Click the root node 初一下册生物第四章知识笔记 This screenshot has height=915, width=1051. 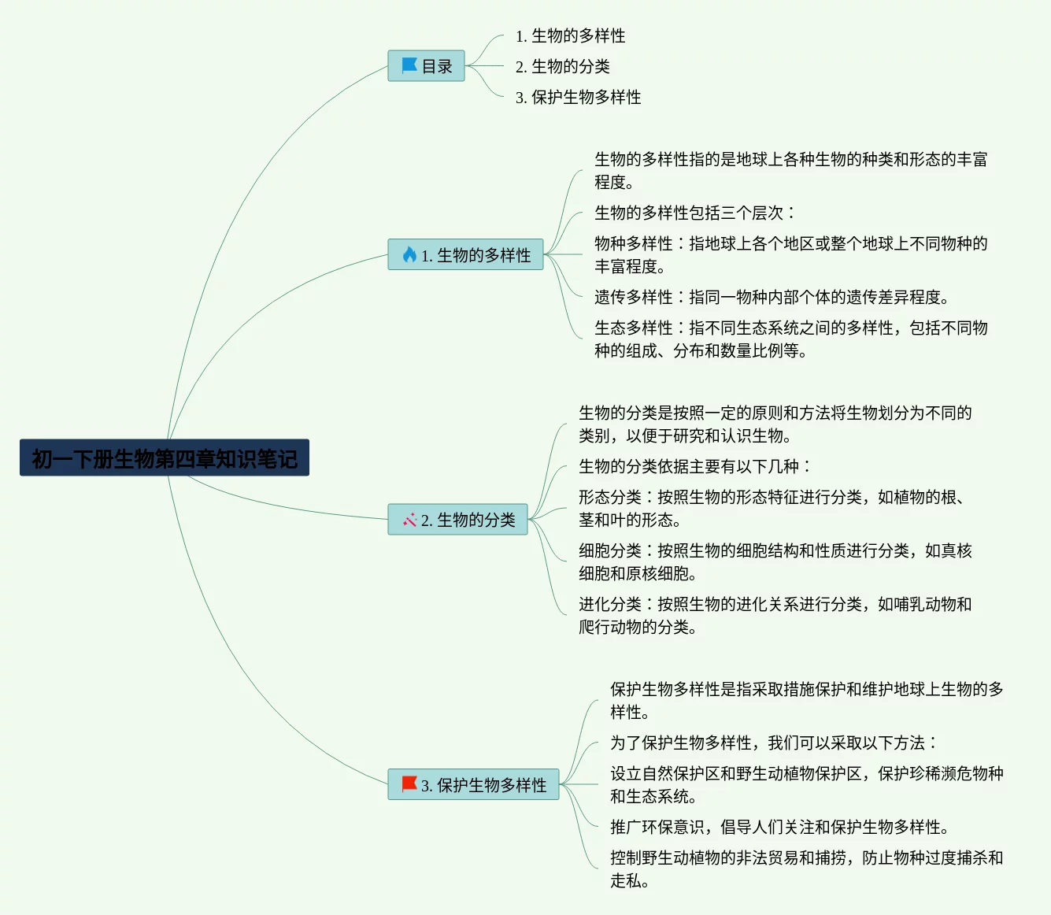(x=164, y=457)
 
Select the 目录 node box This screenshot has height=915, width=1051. (x=426, y=66)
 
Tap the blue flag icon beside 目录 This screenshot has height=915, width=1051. (x=409, y=65)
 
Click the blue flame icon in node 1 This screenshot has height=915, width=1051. (x=409, y=254)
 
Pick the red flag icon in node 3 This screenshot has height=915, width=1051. (x=409, y=784)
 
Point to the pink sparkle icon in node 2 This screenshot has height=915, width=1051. (x=409, y=520)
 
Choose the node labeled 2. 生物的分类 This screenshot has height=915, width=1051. (x=457, y=520)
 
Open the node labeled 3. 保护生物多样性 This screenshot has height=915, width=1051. (x=473, y=784)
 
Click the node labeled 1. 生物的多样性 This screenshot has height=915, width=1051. (x=465, y=254)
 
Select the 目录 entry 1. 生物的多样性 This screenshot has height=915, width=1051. (x=570, y=35)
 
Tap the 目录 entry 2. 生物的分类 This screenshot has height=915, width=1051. (x=562, y=66)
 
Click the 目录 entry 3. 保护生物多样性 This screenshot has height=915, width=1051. (x=578, y=97)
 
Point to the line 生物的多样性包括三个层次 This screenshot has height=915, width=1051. (x=694, y=213)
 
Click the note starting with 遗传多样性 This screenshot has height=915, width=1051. (x=772, y=297)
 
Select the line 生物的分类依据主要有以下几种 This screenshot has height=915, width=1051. (x=694, y=466)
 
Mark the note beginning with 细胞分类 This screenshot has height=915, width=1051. (x=775, y=561)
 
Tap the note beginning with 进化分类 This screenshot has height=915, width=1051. (x=775, y=615)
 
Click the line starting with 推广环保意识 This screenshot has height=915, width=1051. (x=779, y=827)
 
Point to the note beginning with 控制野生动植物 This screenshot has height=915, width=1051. (x=806, y=869)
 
